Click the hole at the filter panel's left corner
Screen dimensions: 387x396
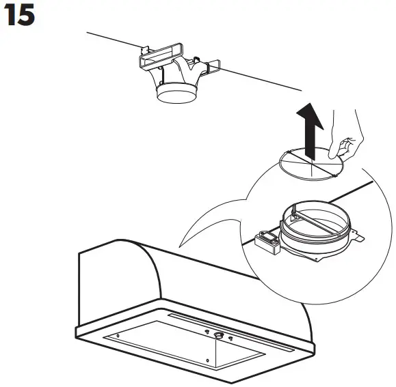(x=119, y=336)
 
